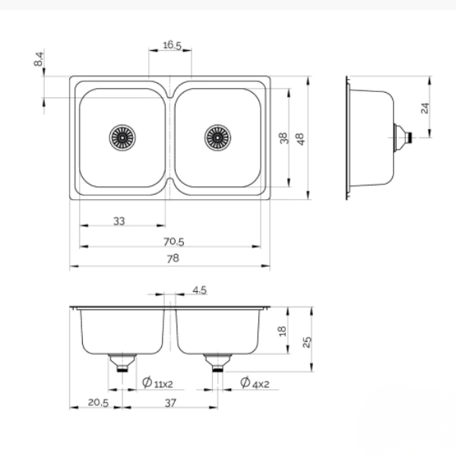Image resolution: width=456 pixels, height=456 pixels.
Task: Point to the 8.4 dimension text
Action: pyautogui.click(x=40, y=60)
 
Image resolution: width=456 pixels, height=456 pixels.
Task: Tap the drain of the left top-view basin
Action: pyautogui.click(x=122, y=138)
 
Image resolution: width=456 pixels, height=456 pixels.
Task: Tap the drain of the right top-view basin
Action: pyautogui.click(x=217, y=138)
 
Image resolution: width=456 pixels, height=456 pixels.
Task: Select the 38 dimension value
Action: pyautogui.click(x=283, y=138)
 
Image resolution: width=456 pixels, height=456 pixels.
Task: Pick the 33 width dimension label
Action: pyautogui.click(x=119, y=220)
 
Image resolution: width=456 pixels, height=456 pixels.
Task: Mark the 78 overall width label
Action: pyautogui.click(x=173, y=258)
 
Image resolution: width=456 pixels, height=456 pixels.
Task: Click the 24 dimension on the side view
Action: pyautogui.click(x=426, y=108)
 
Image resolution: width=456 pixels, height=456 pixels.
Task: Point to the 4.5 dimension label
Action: pyautogui.click(x=200, y=290)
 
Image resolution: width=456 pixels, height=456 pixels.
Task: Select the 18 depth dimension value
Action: pyautogui.click(x=283, y=331)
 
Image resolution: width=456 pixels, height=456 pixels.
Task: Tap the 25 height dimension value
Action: pyautogui.click(x=306, y=340)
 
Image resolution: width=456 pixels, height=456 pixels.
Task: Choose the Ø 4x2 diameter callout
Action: pyautogui.click(x=255, y=383)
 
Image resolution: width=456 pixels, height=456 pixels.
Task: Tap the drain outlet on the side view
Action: pyautogui.click(x=406, y=138)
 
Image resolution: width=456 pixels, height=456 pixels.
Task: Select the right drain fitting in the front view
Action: pyautogui.click(x=217, y=362)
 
